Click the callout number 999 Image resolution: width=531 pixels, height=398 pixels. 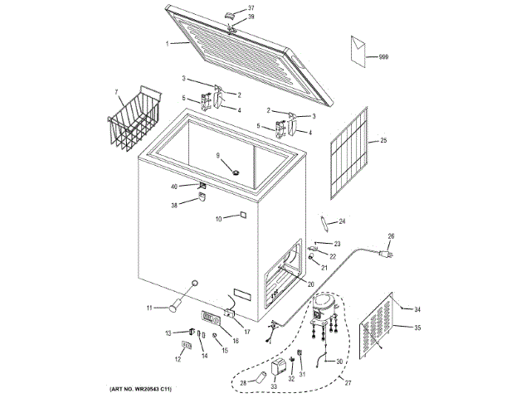click(383, 56)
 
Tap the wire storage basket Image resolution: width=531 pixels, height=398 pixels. click(133, 123)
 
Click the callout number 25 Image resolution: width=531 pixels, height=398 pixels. click(383, 141)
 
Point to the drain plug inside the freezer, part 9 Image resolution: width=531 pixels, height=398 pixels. click(235, 171)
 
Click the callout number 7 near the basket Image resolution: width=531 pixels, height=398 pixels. click(116, 91)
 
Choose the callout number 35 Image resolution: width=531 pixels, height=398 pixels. click(417, 328)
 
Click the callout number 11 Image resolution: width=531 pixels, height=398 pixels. click(151, 308)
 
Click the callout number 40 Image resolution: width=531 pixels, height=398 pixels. click(174, 187)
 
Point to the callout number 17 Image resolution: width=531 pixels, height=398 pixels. click(246, 332)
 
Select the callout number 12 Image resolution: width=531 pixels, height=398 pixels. click(178, 360)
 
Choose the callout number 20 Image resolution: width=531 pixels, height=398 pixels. click(311, 284)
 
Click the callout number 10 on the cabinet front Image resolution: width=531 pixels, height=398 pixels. click(219, 219)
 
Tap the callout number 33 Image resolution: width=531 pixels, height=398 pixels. click(274, 386)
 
